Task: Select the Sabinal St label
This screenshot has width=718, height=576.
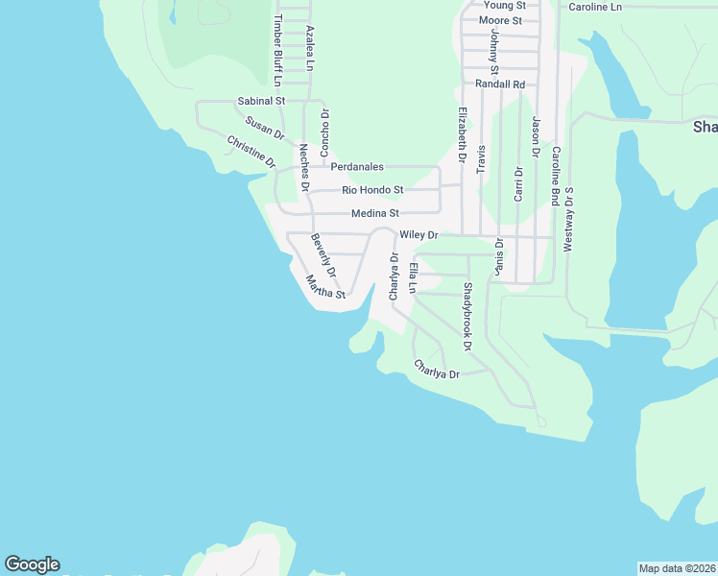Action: [x=261, y=101]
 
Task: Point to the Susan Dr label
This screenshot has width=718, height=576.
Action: [x=265, y=128]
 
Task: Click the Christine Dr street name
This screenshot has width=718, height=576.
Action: [x=251, y=154]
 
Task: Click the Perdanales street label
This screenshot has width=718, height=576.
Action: [x=357, y=167]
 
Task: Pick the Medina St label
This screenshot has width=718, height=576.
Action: [x=374, y=213]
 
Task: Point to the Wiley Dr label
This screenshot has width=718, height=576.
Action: [x=419, y=234]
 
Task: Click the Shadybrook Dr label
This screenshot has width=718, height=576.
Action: [x=468, y=316]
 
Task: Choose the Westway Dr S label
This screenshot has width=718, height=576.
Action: [x=568, y=220]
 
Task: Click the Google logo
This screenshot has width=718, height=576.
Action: [x=32, y=564]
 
